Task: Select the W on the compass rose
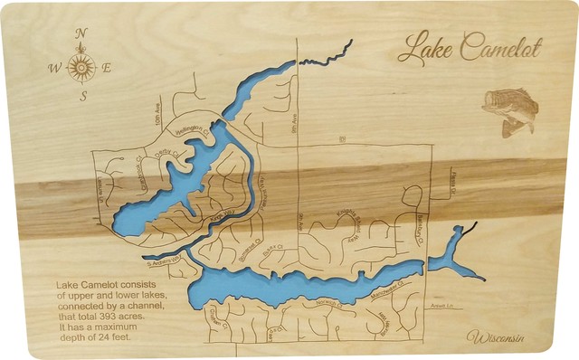tap(53, 67)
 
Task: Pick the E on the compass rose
tap(107, 67)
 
